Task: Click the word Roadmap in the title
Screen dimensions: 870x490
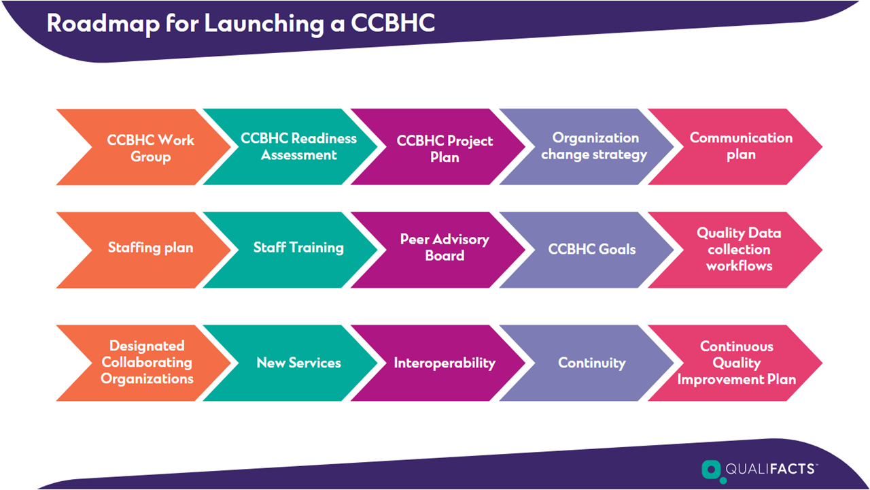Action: click(x=103, y=23)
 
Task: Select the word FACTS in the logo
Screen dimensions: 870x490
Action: click(x=793, y=469)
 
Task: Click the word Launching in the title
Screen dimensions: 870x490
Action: click(x=264, y=24)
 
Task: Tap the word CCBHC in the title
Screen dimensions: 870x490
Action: click(x=393, y=23)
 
